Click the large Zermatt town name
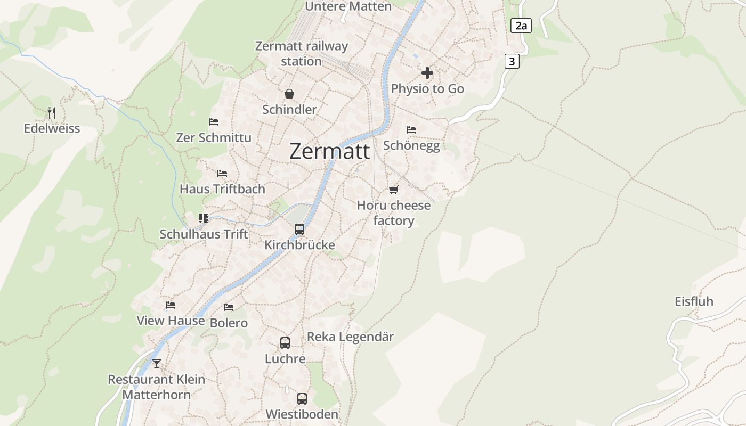(x=329, y=152)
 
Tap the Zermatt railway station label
(x=301, y=53)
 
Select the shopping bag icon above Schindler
(x=289, y=94)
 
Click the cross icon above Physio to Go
(x=427, y=73)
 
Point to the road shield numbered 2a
(x=521, y=25)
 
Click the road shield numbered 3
(x=512, y=61)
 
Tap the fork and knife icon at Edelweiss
(x=52, y=112)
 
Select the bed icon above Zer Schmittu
(x=214, y=122)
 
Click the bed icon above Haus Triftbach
(x=222, y=174)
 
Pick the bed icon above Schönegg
(x=411, y=129)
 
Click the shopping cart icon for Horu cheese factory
(x=394, y=190)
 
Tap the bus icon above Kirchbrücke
(x=299, y=230)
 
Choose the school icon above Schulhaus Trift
(x=204, y=218)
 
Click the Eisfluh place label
(x=694, y=301)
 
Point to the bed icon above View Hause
(x=171, y=305)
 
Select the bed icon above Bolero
(x=229, y=307)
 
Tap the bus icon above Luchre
(x=285, y=343)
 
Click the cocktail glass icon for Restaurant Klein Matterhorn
(x=156, y=364)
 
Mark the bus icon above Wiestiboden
(x=302, y=398)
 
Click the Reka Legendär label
(x=350, y=337)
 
